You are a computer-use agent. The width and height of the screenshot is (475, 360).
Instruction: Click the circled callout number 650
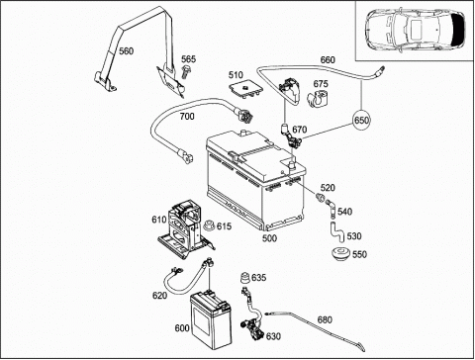click(361, 120)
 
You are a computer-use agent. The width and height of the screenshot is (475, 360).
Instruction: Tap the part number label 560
click(127, 51)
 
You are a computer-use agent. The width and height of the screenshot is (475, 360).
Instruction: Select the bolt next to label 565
click(186, 71)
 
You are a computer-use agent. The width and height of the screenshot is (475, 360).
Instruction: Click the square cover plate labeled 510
click(245, 89)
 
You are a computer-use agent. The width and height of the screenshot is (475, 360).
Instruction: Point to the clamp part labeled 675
click(319, 97)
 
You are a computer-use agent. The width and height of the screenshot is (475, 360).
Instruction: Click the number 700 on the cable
click(187, 116)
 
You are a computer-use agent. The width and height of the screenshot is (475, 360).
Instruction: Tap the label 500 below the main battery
click(269, 237)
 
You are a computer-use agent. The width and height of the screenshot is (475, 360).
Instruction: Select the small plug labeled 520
click(320, 198)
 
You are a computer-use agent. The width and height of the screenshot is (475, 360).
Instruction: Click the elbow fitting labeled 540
click(331, 209)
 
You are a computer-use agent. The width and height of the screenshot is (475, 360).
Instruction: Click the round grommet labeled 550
click(341, 255)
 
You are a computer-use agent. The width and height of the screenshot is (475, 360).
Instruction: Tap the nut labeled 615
click(209, 225)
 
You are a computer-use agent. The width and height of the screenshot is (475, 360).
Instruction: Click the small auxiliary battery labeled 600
click(211, 319)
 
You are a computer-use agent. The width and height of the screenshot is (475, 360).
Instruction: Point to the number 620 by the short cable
click(159, 296)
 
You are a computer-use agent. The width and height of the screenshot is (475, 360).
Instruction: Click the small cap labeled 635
click(245, 278)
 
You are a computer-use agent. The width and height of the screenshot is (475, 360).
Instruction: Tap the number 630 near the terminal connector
click(273, 336)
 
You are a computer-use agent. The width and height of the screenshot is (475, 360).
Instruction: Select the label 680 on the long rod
click(325, 319)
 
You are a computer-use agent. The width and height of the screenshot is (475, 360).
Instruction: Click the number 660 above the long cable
click(328, 59)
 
